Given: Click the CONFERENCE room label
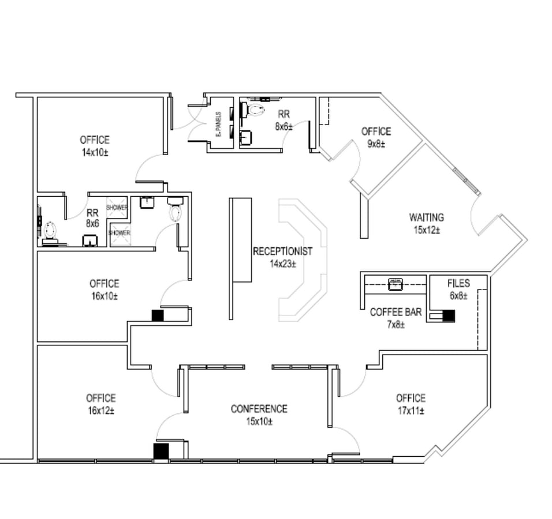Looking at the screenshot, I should [x=259, y=409].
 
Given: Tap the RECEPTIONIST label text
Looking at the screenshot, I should [x=282, y=251].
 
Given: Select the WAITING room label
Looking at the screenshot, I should [x=427, y=217].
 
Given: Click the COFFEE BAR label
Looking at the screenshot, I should [x=396, y=312].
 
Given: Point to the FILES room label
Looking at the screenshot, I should [x=458, y=283].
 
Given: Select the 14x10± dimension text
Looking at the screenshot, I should [x=95, y=153].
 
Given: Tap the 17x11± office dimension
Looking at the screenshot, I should [x=411, y=411].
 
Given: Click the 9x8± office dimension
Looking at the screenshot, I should [x=376, y=144].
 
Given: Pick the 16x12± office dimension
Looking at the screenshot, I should [x=100, y=411].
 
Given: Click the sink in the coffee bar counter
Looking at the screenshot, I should [x=396, y=283].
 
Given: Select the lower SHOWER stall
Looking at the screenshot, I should [x=120, y=233].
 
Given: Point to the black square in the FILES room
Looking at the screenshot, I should [x=449, y=316].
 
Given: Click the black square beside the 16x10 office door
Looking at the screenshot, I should [x=158, y=315].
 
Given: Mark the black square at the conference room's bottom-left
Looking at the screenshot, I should [x=161, y=451].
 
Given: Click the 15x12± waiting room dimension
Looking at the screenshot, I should [x=427, y=230].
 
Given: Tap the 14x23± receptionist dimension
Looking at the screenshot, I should [x=282, y=264].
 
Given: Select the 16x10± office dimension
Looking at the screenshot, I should [x=104, y=296].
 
